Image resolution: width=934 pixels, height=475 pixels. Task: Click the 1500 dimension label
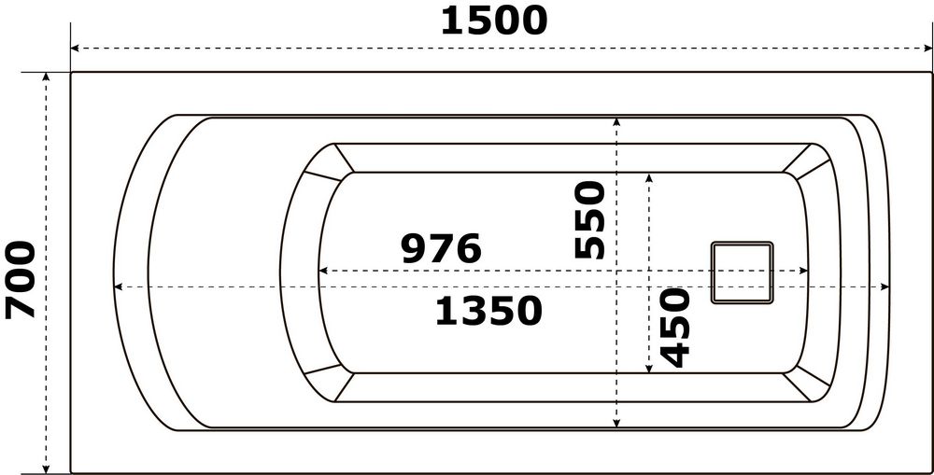coord(493,21)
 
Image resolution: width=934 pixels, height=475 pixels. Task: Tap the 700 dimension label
coord(21,279)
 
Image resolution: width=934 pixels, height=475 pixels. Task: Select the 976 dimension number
coord(441,249)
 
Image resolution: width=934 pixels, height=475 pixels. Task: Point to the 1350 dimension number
coord(488,312)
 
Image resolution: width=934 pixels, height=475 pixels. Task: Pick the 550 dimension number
coord(590,220)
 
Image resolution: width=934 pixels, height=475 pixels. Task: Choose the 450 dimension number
coord(673,327)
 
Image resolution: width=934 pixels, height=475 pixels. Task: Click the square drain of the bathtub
coord(743,272)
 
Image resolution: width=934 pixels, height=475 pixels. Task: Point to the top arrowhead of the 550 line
coord(616,122)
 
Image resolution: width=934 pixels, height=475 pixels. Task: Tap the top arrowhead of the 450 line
coord(650,178)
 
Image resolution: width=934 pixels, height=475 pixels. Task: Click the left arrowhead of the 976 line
coord(324,272)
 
